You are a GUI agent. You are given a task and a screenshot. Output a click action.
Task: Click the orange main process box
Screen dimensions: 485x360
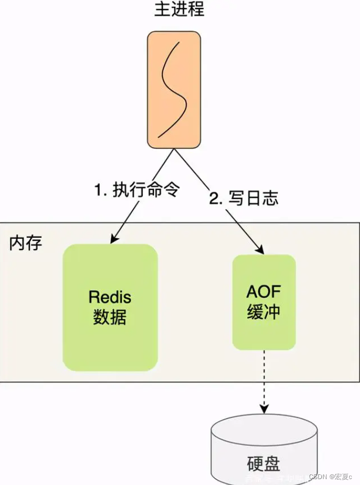pyautogui.click(x=174, y=89)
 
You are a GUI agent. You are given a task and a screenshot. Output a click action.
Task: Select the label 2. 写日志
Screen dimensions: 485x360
pyautogui.click(x=244, y=199)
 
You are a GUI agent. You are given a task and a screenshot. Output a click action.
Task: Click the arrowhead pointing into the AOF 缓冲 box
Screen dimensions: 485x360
pyautogui.click(x=261, y=249)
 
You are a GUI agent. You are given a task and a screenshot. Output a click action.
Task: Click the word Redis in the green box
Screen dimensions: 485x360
pyautogui.click(x=110, y=297)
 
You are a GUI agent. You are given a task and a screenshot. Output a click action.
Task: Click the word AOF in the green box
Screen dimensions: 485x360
pyautogui.click(x=263, y=292)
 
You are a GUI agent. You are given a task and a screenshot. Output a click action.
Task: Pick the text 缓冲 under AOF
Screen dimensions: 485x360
pyautogui.click(x=263, y=312)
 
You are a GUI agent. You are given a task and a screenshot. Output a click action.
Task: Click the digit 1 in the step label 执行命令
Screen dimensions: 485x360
pyautogui.click(x=98, y=190)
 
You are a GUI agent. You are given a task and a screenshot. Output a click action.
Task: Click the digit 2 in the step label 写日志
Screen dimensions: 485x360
pyautogui.click(x=215, y=199)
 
